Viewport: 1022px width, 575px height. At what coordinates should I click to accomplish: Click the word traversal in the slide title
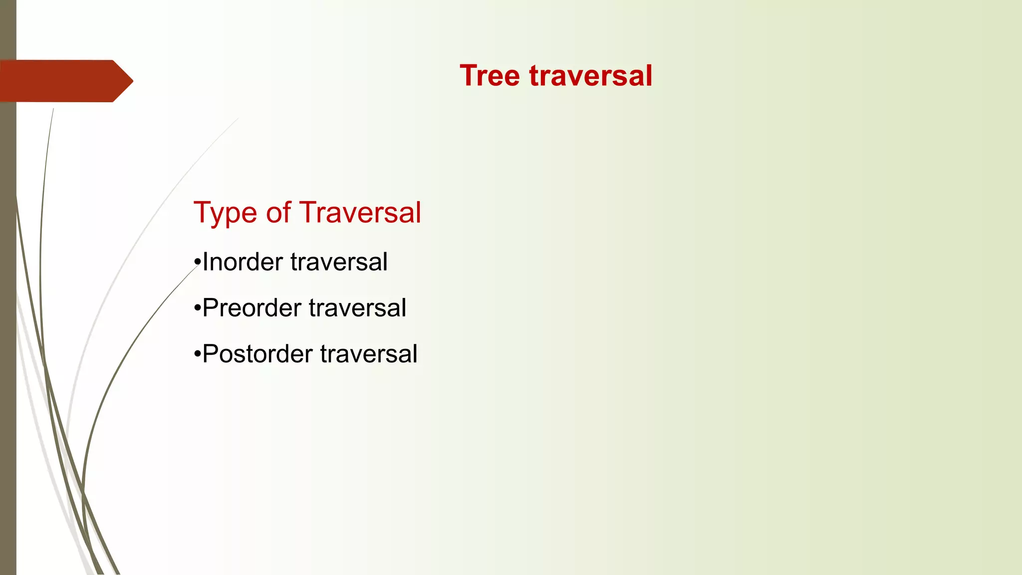590,76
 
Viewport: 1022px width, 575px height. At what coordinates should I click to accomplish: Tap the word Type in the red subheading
226,213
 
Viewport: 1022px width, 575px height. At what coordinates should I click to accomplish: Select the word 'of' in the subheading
278,213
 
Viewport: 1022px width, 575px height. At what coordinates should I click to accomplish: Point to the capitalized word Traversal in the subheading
360,213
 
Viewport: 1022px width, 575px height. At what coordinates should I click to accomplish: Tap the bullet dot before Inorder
198,263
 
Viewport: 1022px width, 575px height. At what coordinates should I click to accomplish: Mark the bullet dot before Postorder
198,354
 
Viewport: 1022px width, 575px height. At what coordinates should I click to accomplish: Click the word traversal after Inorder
339,262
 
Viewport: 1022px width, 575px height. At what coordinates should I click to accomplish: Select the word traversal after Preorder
357,308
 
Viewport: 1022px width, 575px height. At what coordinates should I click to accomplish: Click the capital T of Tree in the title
468,76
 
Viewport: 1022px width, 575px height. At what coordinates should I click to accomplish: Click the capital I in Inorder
205,262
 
